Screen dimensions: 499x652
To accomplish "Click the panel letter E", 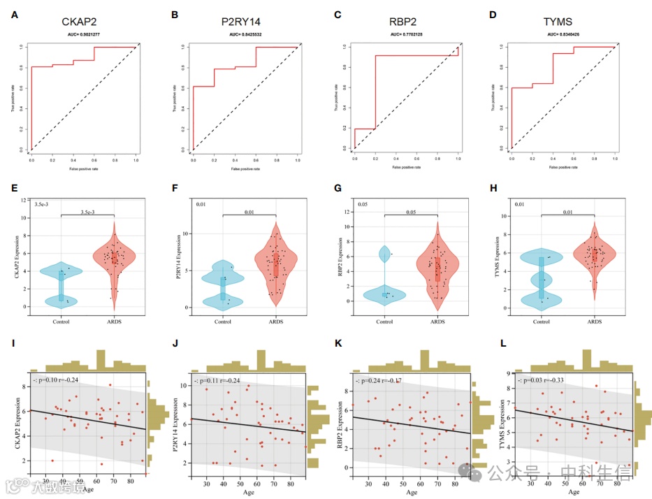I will (x=15, y=188).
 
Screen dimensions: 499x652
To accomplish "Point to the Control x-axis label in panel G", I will (x=384, y=321).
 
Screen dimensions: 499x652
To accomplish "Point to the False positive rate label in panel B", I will (x=245, y=168).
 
